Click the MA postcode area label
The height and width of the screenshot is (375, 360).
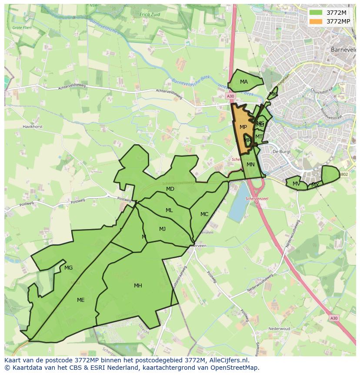243,82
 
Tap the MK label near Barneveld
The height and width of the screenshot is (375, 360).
273,94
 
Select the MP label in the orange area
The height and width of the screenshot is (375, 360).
243,127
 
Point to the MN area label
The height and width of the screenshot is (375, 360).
250,165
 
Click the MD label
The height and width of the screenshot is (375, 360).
170,189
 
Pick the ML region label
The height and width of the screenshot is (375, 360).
169,210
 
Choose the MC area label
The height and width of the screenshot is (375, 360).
204,214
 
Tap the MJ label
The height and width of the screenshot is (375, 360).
162,229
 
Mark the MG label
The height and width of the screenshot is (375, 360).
68,268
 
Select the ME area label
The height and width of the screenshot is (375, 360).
80,300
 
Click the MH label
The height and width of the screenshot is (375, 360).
138,286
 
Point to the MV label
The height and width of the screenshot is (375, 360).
296,184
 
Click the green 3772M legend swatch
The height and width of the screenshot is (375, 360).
316,13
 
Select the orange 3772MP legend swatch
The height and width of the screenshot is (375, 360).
316,21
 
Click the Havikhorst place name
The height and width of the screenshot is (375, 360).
33,127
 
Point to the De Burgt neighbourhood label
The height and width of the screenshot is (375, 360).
281,152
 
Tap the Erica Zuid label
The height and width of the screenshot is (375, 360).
150,14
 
